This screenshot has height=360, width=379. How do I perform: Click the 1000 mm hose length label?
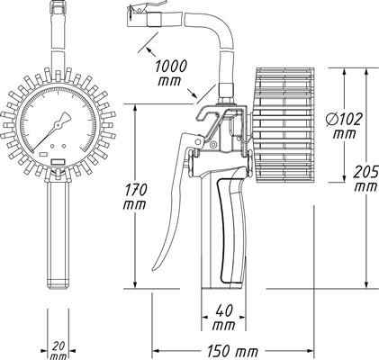[x=170, y=73]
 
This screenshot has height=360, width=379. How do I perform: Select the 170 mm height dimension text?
[x=135, y=196]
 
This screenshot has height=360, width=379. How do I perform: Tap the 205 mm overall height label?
[x=365, y=179]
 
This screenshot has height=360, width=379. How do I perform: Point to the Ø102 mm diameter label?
[x=344, y=126]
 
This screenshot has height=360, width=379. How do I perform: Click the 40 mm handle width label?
[x=223, y=318]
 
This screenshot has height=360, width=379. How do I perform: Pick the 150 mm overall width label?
[x=233, y=350]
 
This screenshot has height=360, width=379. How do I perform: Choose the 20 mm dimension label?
[x=59, y=351]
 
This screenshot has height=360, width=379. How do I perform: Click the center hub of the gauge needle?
[x=58, y=123]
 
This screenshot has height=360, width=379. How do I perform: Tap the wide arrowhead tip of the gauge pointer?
[x=68, y=115]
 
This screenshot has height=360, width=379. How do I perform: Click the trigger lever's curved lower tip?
[x=154, y=267]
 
